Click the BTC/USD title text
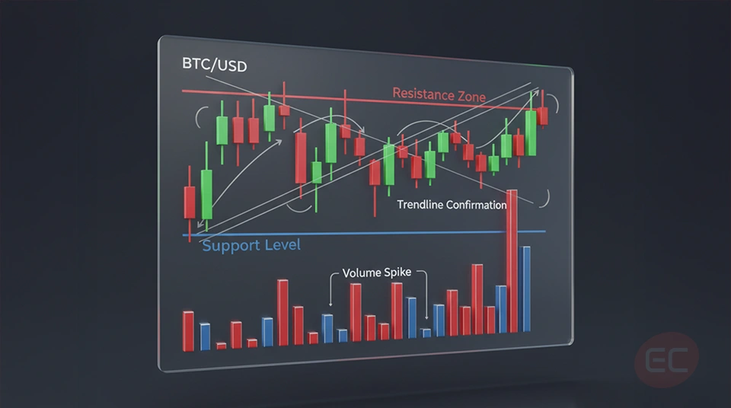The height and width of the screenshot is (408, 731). pos(214,66)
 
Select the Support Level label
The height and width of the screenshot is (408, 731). pos(251,245)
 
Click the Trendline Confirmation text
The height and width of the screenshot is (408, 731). pos(452,205)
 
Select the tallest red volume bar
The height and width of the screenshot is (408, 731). pos(512,259)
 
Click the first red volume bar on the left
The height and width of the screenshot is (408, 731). pos(188,330)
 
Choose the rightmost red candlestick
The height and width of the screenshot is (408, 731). pos(542,115)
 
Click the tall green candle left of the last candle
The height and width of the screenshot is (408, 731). pos(531,133)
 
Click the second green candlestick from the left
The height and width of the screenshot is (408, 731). pos(222,129)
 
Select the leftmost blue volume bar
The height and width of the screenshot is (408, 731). pos(205,336)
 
